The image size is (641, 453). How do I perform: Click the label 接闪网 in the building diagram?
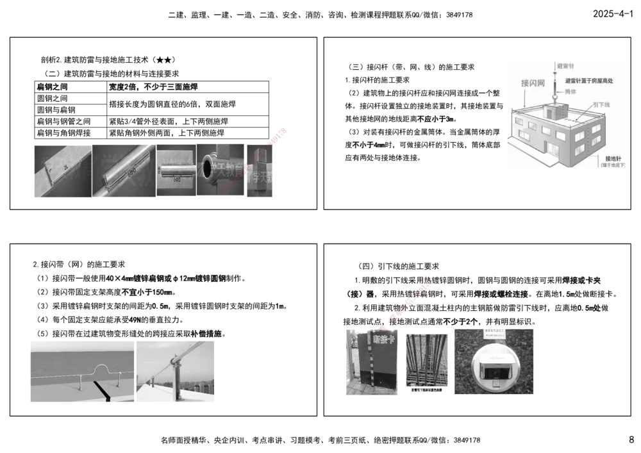pos(533,84)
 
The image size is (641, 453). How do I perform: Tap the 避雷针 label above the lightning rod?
pos(565,66)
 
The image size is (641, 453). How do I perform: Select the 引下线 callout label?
pos(600,104)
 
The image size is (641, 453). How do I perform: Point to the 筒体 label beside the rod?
pos(569,92)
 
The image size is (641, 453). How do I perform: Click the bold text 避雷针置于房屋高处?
pos(589,81)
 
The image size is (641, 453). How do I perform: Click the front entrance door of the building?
pos(551,149)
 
